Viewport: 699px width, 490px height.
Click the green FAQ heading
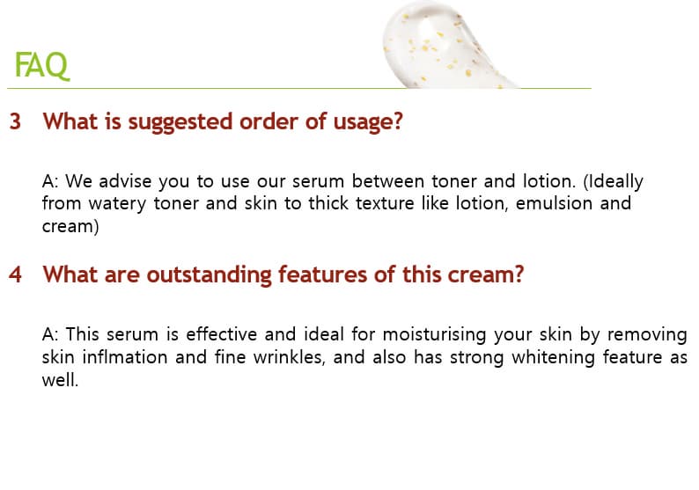click(42, 65)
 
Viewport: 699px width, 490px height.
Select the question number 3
click(15, 121)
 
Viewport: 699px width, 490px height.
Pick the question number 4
click(15, 274)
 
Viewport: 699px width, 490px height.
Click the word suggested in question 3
click(180, 122)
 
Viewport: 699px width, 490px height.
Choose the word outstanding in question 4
click(209, 275)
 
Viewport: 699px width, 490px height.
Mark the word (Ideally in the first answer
click(613, 182)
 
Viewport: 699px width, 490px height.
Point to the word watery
click(117, 204)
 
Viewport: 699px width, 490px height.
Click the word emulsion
click(554, 203)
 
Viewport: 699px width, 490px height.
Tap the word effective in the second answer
click(221, 334)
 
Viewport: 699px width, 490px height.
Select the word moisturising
click(434, 335)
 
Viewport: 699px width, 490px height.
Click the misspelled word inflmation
click(125, 357)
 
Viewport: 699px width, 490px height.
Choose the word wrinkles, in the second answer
click(290, 357)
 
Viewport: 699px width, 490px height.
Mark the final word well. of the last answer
click(60, 380)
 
